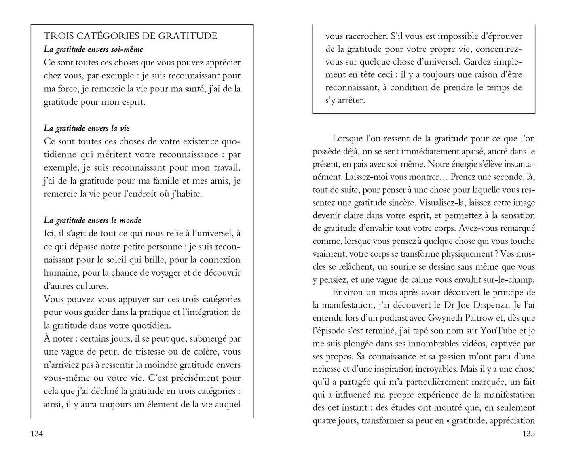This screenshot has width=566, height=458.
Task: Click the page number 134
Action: (36, 434)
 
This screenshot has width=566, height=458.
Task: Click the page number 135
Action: (528, 434)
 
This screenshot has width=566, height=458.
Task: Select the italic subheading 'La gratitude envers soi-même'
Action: (93, 49)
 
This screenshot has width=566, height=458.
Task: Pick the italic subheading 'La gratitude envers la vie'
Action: (87, 128)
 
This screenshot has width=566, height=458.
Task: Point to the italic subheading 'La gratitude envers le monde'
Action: (93, 220)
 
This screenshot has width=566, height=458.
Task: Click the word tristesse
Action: (153, 352)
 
